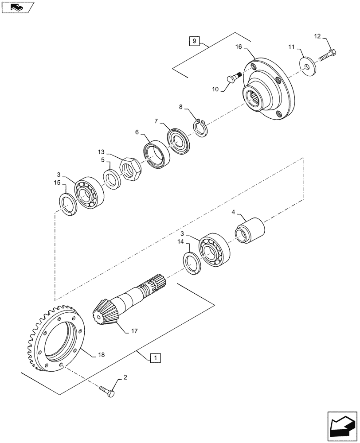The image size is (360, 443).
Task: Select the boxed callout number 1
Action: tap(156, 357)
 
